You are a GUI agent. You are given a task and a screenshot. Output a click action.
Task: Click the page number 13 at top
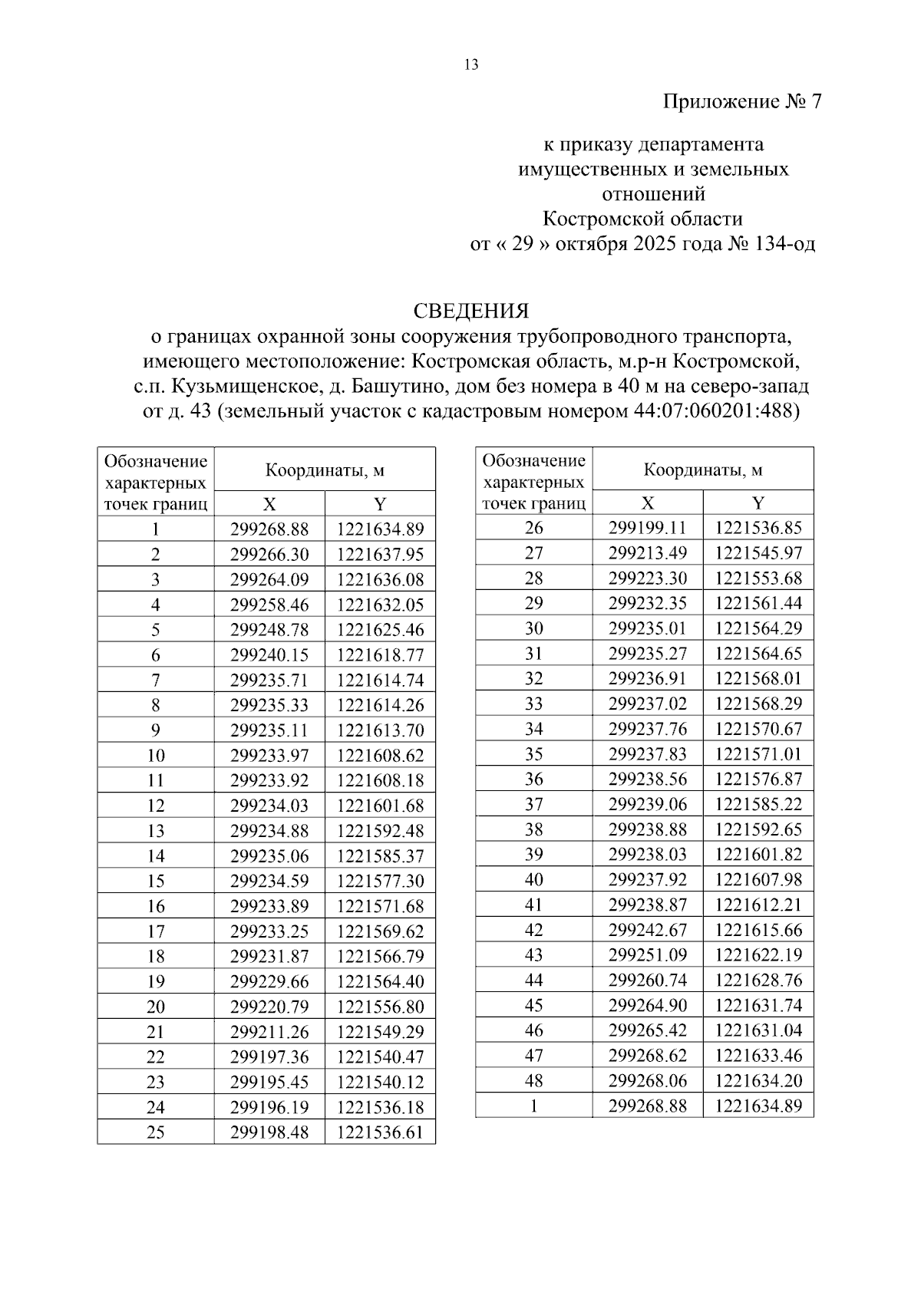(471, 65)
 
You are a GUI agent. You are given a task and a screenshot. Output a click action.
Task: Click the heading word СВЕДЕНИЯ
(470, 311)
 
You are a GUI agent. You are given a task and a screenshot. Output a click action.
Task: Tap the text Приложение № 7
(742, 102)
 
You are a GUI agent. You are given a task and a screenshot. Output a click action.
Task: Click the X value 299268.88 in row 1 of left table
(269, 529)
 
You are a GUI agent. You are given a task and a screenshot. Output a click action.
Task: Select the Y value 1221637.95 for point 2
(380, 555)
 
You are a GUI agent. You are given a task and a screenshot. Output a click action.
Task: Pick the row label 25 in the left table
(155, 1132)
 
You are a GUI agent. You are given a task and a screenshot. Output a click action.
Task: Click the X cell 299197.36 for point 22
(269, 1057)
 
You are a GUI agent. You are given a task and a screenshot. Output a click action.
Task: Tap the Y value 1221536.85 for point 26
(758, 528)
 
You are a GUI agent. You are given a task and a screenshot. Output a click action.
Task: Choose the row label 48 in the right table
(533, 1081)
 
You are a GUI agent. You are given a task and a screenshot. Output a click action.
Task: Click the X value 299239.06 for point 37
(648, 805)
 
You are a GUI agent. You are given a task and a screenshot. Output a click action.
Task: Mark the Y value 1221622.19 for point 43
(758, 955)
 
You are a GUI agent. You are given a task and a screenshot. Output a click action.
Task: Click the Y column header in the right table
(758, 503)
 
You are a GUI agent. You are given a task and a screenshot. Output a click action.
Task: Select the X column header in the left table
(269, 504)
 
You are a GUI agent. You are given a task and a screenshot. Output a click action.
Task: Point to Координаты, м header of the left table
(325, 470)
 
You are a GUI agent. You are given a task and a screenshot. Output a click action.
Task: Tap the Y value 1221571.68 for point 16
(380, 907)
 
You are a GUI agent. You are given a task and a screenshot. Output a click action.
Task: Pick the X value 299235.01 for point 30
(648, 629)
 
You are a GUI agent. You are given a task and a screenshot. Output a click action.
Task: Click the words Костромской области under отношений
(642, 219)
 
